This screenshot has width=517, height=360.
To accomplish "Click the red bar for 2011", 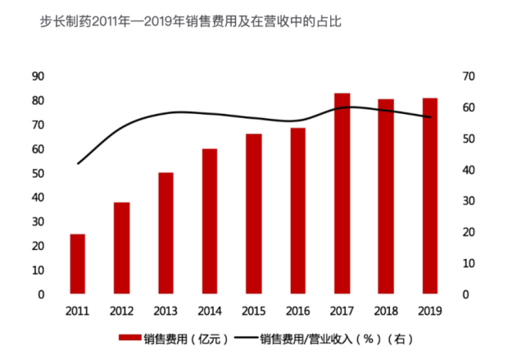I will click(x=77, y=264).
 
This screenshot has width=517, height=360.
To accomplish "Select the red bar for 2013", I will click(x=166, y=233).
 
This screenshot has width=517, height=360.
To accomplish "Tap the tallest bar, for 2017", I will click(x=342, y=194).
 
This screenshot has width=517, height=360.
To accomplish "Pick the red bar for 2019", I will click(x=430, y=196).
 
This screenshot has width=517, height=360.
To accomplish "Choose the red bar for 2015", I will click(x=254, y=214).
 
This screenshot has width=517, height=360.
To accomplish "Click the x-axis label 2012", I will click(x=121, y=311).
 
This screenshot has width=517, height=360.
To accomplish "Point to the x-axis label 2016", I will click(x=297, y=311).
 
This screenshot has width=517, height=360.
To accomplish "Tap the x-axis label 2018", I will click(x=386, y=311).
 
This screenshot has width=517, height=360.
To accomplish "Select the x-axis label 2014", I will click(x=210, y=311).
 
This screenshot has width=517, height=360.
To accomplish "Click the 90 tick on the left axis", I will click(x=38, y=76).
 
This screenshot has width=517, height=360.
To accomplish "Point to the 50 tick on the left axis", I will click(x=38, y=173).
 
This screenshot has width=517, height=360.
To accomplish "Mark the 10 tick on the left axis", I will click(x=38, y=270).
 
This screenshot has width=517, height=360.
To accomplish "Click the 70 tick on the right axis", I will click(x=469, y=76).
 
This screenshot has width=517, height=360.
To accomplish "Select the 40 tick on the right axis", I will click(x=469, y=170).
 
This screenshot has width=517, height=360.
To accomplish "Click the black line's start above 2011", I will click(x=78, y=164).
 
